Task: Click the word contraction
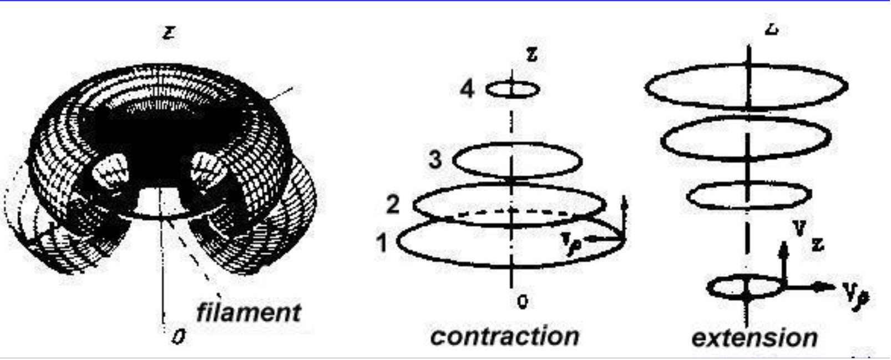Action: (x=504, y=336)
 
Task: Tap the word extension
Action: (x=755, y=337)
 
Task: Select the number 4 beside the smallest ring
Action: (x=468, y=89)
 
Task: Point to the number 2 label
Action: (x=392, y=205)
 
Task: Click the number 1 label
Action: (x=381, y=242)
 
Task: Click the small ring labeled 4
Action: (x=513, y=89)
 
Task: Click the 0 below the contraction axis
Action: (x=522, y=302)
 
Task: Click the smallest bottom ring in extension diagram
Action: (x=744, y=288)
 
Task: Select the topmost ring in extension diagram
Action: (x=746, y=87)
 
